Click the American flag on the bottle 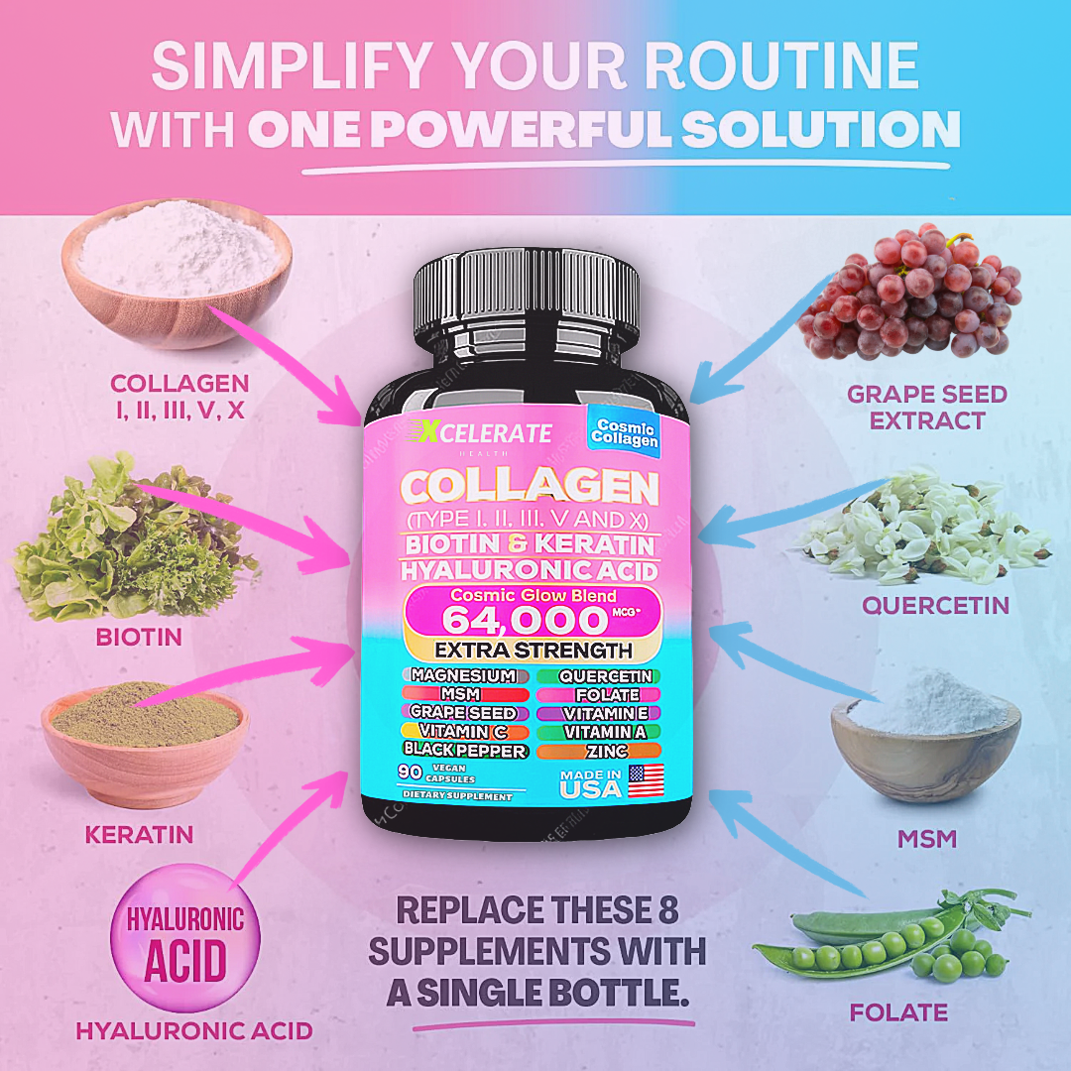tap(646, 781)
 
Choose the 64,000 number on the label tap(524, 621)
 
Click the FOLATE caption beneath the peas tap(898, 1012)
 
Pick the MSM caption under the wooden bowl tap(926, 838)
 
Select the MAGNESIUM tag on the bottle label tap(463, 675)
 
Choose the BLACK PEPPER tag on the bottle tap(464, 751)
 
